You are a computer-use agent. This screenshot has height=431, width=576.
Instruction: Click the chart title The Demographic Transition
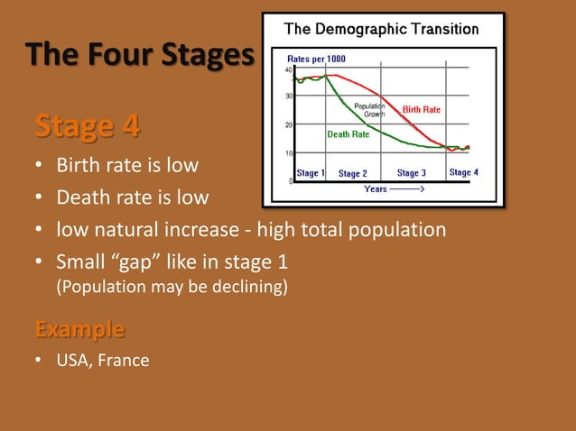[x=382, y=30]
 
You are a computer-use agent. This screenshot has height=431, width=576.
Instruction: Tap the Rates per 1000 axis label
[x=315, y=59]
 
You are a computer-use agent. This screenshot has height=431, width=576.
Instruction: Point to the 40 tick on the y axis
[x=288, y=69]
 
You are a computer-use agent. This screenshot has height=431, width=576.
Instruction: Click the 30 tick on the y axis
[x=288, y=96]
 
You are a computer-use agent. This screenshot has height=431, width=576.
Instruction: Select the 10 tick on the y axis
[x=288, y=152]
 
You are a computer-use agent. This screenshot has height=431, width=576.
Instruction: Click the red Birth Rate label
[x=422, y=110]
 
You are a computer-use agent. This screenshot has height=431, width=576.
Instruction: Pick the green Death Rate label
[x=348, y=134]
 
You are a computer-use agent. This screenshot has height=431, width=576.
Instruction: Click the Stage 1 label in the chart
[x=311, y=172]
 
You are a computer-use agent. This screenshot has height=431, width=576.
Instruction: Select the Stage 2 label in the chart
[x=352, y=173]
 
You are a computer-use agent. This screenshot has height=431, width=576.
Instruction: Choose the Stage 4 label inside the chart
[x=463, y=172]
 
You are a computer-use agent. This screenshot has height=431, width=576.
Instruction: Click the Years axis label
[x=376, y=189]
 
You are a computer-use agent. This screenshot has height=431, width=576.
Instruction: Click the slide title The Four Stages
[x=140, y=56]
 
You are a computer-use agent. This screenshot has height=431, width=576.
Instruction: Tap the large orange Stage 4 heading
[x=87, y=126]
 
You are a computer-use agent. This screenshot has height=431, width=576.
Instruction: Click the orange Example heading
[x=79, y=327]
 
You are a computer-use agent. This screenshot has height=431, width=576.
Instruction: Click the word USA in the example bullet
[x=73, y=361]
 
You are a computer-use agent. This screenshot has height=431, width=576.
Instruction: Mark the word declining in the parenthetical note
[x=252, y=288]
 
